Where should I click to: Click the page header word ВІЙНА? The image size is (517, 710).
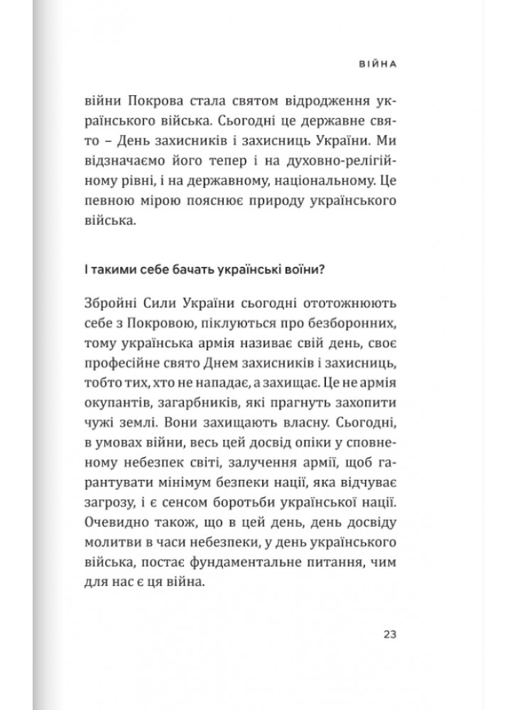(x=375, y=63)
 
